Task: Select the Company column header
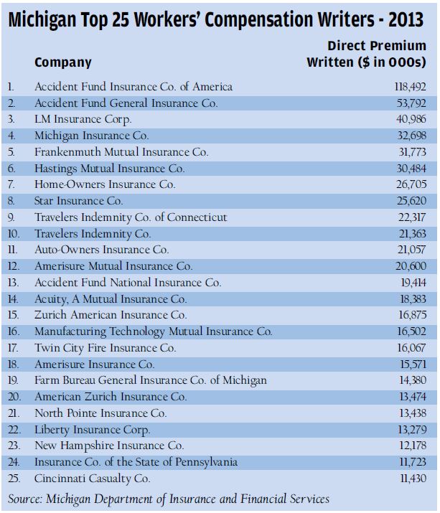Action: [x=63, y=62]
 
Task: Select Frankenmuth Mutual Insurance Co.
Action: [x=121, y=152]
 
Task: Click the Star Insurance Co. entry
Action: [x=79, y=201]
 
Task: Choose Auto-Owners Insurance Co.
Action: [x=102, y=250]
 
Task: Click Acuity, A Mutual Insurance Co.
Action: [x=111, y=298]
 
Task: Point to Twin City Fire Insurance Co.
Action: [x=106, y=347]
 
